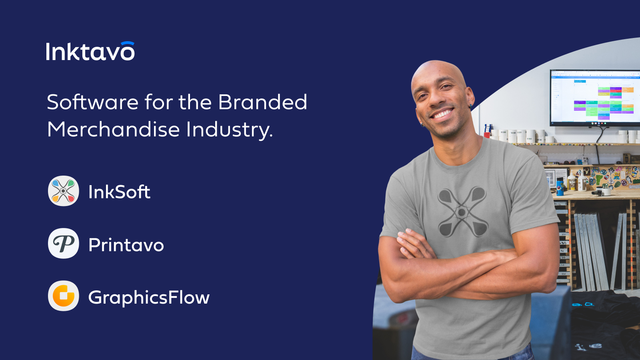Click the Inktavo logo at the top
(x=90, y=51)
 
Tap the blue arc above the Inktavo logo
(x=128, y=43)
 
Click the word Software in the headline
(x=92, y=102)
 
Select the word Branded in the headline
(x=262, y=102)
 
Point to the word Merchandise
(x=114, y=130)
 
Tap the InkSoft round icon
(x=64, y=191)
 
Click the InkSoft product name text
(x=119, y=192)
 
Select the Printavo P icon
(x=64, y=244)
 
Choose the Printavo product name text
(x=126, y=245)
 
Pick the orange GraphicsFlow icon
(x=64, y=296)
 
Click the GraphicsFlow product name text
(x=149, y=298)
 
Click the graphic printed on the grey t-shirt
(x=462, y=212)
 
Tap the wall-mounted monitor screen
(x=595, y=98)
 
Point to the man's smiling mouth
(x=442, y=114)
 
